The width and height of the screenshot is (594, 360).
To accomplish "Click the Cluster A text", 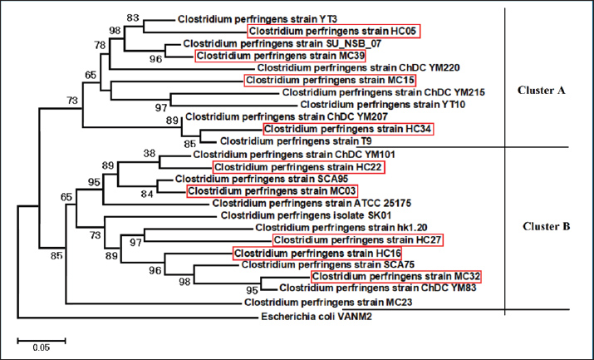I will (x=541, y=91).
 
